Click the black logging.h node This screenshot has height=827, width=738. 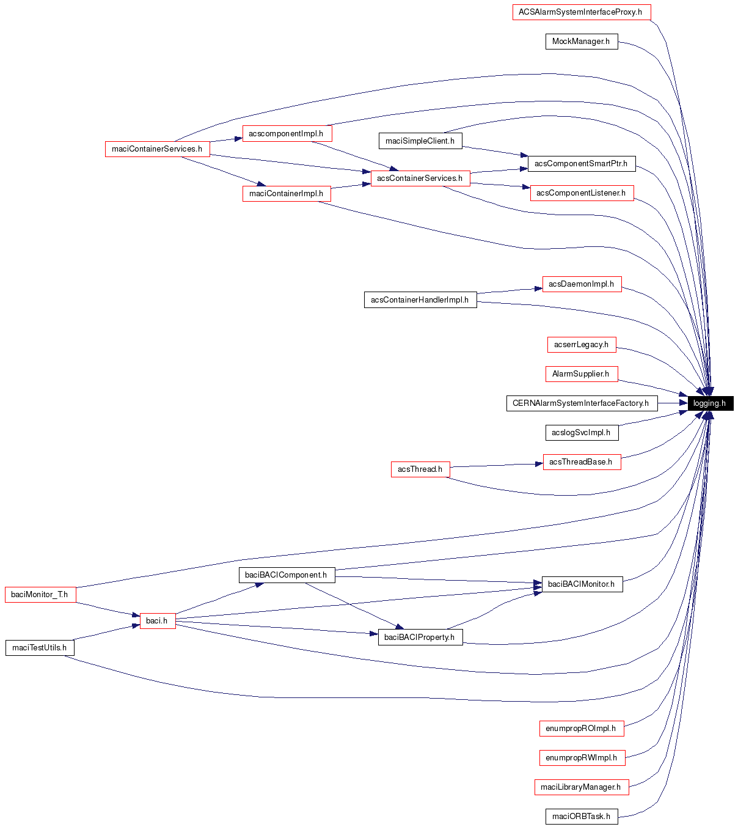[710, 403]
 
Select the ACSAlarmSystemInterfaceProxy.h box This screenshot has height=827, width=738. [581, 12]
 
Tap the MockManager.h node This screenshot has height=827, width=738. [581, 42]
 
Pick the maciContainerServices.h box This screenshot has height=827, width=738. [157, 149]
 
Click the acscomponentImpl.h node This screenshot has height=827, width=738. [287, 134]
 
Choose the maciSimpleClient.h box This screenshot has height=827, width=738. [420, 141]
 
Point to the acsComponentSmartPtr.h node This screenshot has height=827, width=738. [581, 164]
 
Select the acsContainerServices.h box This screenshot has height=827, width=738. [420, 178]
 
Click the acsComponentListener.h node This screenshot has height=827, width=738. [581, 193]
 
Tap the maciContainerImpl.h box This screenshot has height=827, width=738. [287, 194]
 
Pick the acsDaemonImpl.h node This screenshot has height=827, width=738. [581, 284]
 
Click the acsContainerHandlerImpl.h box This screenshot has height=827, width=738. [420, 300]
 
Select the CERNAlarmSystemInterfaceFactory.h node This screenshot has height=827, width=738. [581, 403]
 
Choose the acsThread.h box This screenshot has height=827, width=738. [420, 469]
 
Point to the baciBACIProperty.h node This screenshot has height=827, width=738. [420, 638]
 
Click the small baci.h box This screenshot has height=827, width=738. [157, 621]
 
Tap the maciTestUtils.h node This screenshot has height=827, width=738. [40, 648]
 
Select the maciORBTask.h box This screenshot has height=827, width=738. [581, 817]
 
